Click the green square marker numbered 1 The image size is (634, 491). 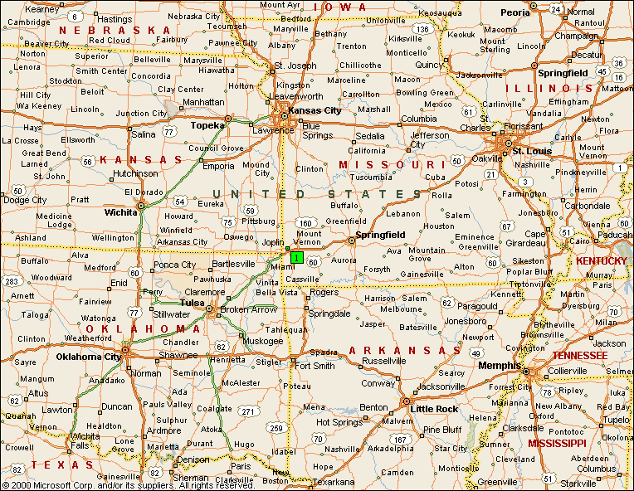tap(296, 257)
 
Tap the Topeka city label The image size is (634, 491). tap(207, 125)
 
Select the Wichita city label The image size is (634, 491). tap(121, 211)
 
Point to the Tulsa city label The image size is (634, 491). tap(192, 303)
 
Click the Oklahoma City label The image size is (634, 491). tap(89, 357)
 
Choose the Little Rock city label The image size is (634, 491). tap(435, 409)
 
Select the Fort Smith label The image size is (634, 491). tap(315, 366)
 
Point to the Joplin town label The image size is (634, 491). tap(273, 242)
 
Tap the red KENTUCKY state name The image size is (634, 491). tap(602, 260)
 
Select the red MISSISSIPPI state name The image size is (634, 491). tap(557, 443)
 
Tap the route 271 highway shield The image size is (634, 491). tap(248, 411)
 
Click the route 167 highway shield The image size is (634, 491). tap(400, 439)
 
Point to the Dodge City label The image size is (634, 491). tap(25, 200)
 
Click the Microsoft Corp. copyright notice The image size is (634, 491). tap(129, 484)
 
